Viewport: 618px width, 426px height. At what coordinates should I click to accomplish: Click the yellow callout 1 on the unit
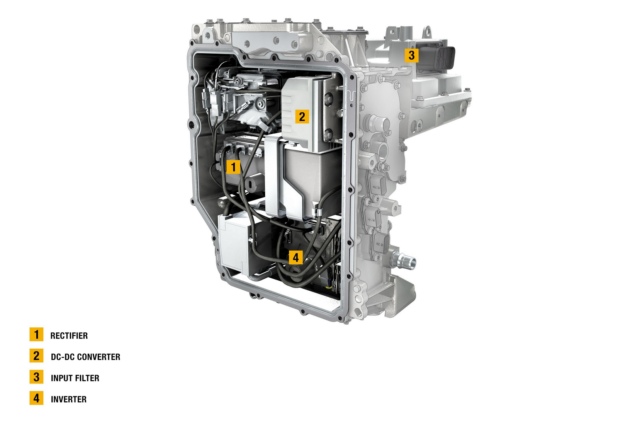pyautogui.click(x=233, y=167)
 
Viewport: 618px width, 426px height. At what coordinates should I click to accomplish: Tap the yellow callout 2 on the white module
pyautogui.click(x=302, y=116)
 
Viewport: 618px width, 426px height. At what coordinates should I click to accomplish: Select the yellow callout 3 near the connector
pyautogui.click(x=411, y=55)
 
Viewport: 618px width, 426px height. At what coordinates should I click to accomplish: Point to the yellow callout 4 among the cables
pyautogui.click(x=296, y=257)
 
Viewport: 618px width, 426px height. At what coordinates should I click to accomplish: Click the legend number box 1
pyautogui.click(x=36, y=334)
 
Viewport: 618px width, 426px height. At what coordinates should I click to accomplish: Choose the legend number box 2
pyautogui.click(x=36, y=356)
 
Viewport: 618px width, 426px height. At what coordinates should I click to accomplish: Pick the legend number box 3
pyautogui.click(x=36, y=377)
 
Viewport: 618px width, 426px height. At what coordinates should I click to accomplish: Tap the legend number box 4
pyautogui.click(x=36, y=398)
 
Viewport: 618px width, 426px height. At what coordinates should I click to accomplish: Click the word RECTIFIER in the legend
pyautogui.click(x=69, y=336)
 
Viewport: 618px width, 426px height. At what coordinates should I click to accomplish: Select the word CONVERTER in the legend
pyautogui.click(x=99, y=357)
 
